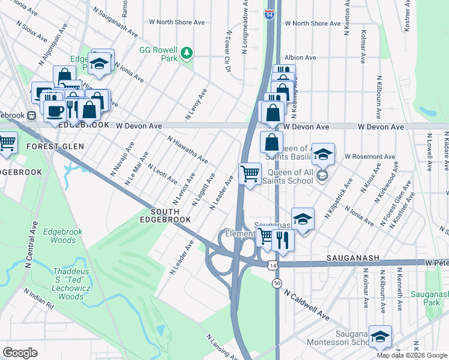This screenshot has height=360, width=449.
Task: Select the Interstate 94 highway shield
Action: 270,15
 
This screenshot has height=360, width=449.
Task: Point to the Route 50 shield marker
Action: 277,283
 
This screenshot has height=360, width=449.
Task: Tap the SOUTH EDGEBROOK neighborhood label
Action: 170,216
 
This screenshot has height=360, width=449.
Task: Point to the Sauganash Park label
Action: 429,298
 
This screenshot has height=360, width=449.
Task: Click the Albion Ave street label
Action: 301,58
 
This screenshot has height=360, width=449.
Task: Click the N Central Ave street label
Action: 28,247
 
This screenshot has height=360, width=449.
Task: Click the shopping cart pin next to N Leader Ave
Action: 250,174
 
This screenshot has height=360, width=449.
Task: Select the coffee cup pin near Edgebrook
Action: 55,111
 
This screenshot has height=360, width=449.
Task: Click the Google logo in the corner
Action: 20,353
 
